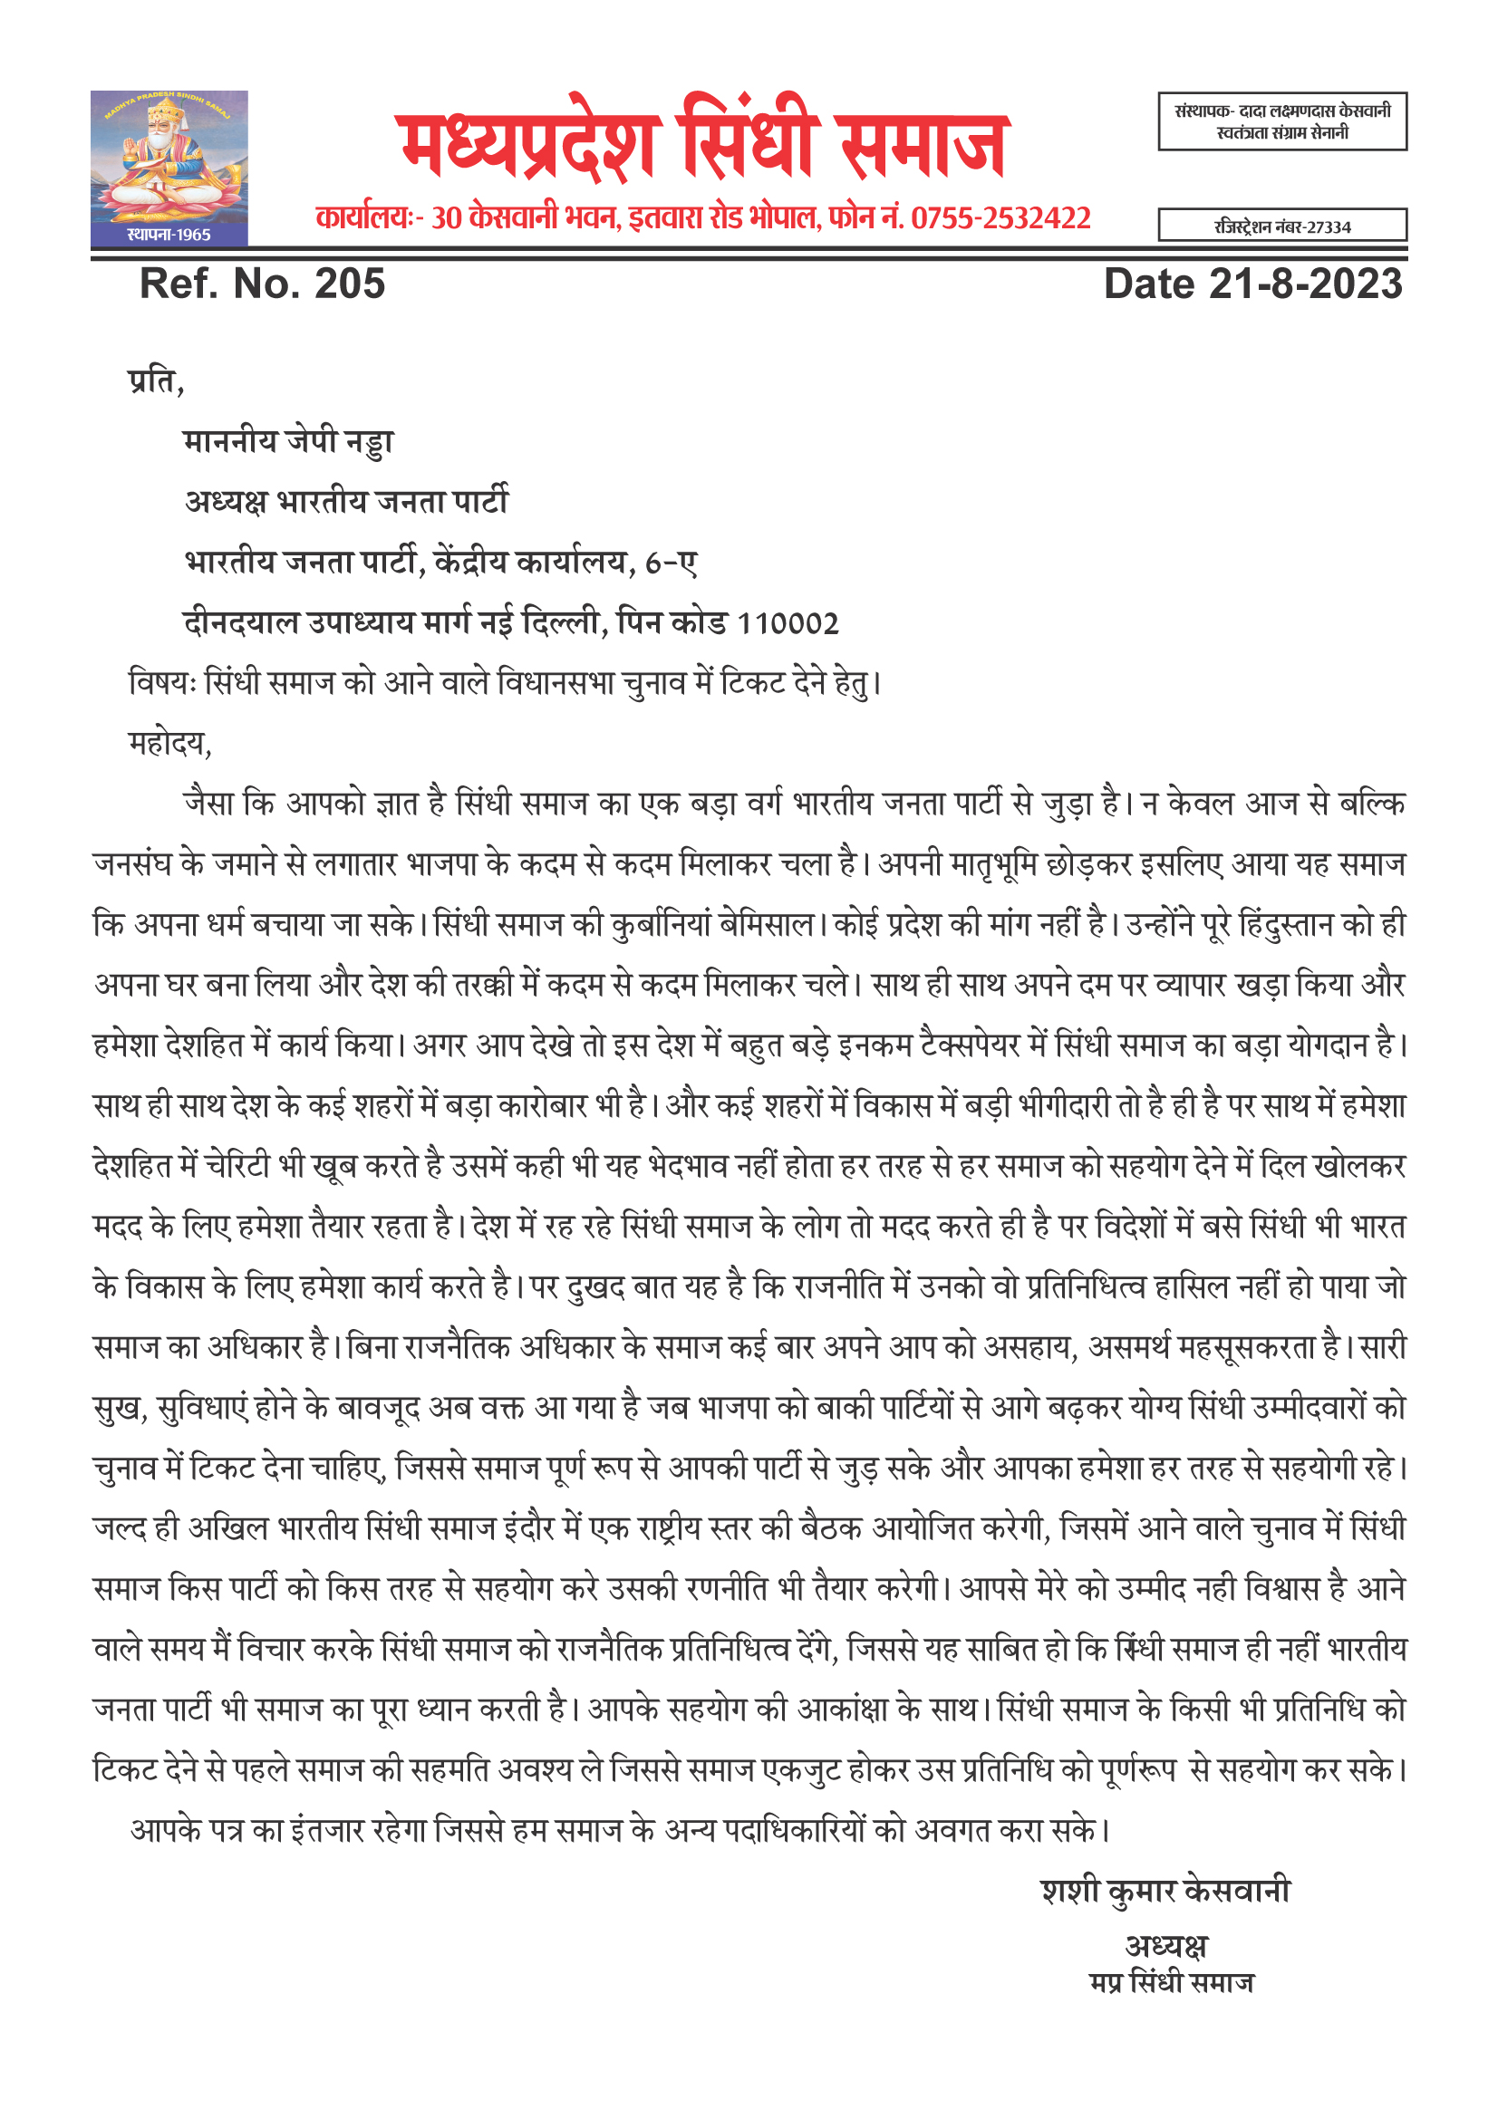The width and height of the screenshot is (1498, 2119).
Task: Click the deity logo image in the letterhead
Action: click(169, 157)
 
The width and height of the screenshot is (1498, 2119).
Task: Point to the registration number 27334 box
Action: click(1282, 226)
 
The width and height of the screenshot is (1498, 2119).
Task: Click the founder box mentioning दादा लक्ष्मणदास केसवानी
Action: click(1282, 120)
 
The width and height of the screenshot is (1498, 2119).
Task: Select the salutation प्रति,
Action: click(156, 380)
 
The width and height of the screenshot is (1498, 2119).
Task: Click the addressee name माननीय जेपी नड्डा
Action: click(289, 441)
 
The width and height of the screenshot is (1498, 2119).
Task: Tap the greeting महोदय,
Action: click(169, 743)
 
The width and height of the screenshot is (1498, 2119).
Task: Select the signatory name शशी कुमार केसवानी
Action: click(1165, 1891)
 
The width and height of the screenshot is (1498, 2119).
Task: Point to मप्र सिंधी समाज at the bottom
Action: click(1171, 1982)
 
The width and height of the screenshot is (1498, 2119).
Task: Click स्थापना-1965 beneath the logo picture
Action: click(169, 235)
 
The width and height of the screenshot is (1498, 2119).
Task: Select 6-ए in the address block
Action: click(671, 563)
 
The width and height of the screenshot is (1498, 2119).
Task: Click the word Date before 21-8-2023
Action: click(1149, 284)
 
